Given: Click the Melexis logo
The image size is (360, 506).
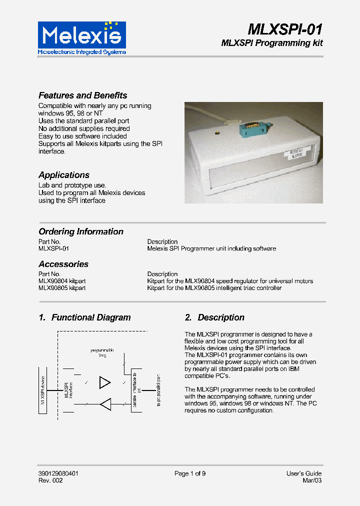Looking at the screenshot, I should coord(82,37).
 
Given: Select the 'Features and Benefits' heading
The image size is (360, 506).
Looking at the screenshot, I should coord(83,95).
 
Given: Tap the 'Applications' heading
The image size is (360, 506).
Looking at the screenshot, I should coord(64,175).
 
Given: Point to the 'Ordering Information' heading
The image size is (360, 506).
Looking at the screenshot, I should coord(81,231).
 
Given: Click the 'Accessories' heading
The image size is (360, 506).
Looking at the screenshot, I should coord(63,264).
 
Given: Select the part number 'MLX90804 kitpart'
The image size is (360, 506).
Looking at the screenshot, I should coord(62,281).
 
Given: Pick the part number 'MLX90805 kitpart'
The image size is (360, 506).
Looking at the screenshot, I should coord(62,288).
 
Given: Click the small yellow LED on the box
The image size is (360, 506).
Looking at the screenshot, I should coord(217,133).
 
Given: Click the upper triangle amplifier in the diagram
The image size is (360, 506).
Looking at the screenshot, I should coord(104,382).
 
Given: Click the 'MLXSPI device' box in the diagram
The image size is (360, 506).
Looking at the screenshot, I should coord(43,390).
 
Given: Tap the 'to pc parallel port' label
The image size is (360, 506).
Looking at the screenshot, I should coord(158,390).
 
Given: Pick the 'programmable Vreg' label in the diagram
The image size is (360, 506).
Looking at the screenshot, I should coord(102,352).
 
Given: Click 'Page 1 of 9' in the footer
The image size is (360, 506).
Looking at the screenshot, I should coord(190,473).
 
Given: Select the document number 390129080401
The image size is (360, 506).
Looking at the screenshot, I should coord(58,473).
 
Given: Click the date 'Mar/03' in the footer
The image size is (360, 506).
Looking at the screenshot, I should coord(312,480).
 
